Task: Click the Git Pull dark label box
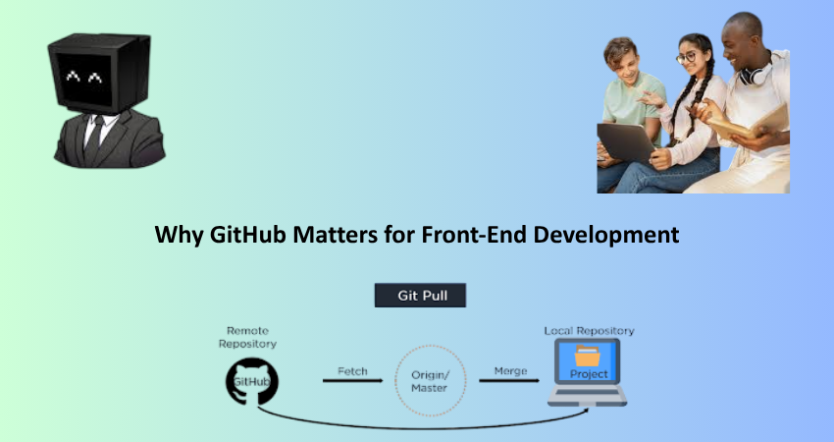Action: point(420,295)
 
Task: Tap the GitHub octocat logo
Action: point(251,382)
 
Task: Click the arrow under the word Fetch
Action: point(352,380)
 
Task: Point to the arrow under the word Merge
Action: point(509,380)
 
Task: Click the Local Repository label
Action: point(589,331)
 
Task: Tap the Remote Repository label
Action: point(247,337)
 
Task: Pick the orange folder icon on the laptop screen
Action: point(587,356)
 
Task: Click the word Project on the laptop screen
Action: point(589,374)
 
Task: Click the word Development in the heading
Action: point(605,236)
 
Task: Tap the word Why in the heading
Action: point(179,236)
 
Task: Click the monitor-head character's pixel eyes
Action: point(83,77)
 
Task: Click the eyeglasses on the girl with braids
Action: point(687,57)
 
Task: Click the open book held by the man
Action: point(748,125)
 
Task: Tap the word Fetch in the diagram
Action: point(352,371)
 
